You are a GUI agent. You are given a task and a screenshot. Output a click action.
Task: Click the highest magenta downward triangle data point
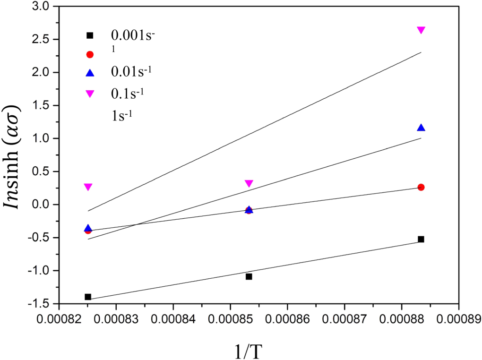coord(421,30)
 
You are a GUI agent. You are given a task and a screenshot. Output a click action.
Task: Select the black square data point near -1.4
coord(88,297)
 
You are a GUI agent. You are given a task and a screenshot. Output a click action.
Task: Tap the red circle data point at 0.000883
coord(421,187)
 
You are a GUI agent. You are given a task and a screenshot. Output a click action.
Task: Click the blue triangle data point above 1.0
coord(421,128)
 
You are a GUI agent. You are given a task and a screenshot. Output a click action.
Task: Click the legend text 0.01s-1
coord(133,72)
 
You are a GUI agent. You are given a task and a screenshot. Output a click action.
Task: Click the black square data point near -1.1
coord(249,276)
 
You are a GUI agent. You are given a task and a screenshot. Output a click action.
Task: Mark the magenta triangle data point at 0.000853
coord(249,183)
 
